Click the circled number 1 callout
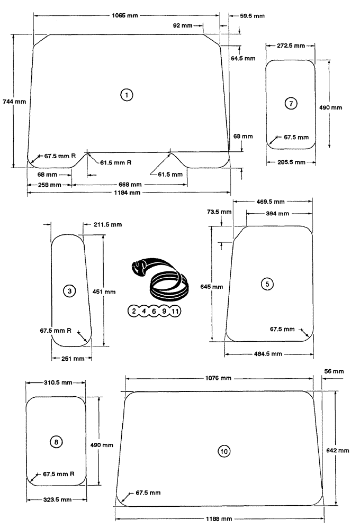tap(127, 95)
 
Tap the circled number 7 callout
tap(291, 104)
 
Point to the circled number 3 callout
tap(70, 290)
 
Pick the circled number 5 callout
tap(267, 284)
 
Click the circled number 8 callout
tap(56, 441)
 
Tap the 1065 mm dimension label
tap(125, 16)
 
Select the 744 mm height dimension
tap(14, 101)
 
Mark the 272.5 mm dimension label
tap(291, 46)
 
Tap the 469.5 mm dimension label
tap(270, 202)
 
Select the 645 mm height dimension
tap(211, 287)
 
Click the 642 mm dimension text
tap(337, 450)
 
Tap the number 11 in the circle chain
tap(175, 311)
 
